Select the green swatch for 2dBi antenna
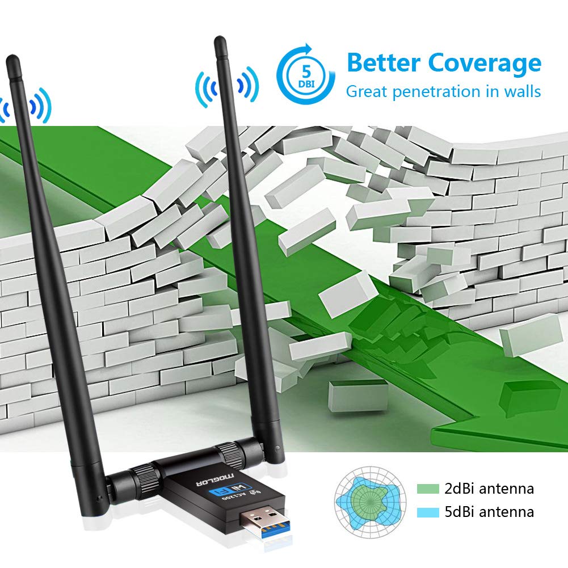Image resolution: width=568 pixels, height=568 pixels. [x=428, y=489]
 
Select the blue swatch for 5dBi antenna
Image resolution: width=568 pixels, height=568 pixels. [x=428, y=512]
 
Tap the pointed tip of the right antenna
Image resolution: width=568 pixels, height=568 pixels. [x=218, y=41]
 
